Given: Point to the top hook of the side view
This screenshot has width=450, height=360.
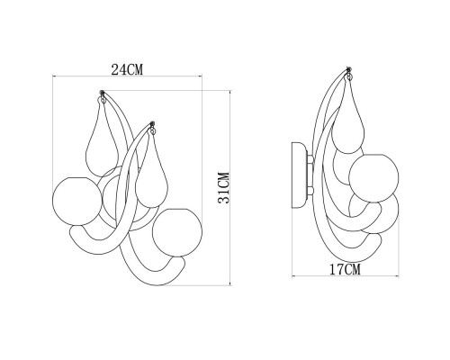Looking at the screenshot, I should (x=347, y=70).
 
